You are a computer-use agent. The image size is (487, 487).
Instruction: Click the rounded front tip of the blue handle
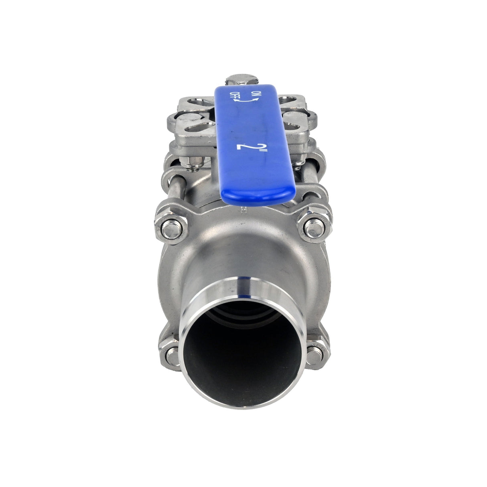point(258,197)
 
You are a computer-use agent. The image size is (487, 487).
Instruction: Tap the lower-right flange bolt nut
point(314,355)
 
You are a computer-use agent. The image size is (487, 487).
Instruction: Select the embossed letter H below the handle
point(242,209)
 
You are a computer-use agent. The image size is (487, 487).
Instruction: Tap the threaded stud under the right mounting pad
point(297,164)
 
